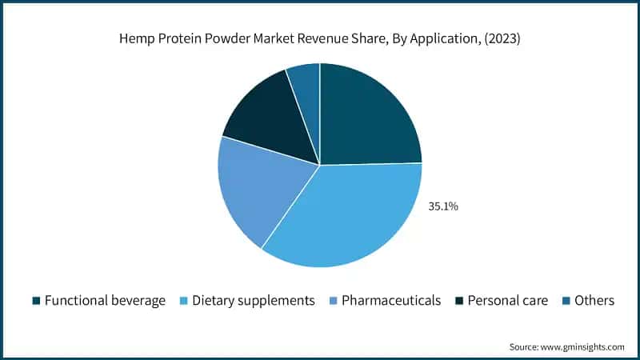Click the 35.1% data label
click(x=443, y=206)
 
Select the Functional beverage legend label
click(x=105, y=301)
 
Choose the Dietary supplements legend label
click(x=254, y=301)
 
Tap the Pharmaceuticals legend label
click(x=391, y=301)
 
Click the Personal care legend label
click(x=508, y=301)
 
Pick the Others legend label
click(x=594, y=301)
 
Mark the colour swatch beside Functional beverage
click(x=36, y=301)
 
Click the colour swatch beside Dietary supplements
click(x=184, y=301)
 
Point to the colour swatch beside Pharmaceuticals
click(x=333, y=301)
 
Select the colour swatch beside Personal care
click(x=459, y=301)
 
